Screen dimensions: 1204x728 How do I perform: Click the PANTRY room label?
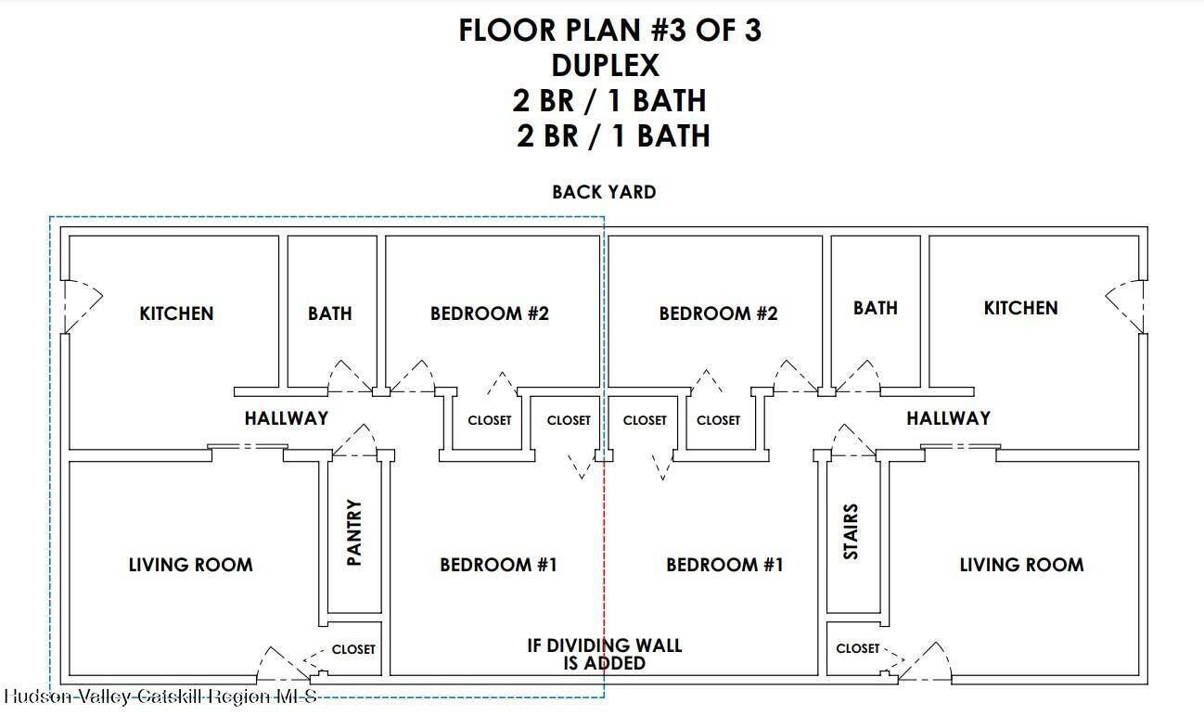pos(354,532)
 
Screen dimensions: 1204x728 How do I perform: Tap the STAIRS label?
pos(851,532)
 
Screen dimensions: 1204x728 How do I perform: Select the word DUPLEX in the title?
pos(605,66)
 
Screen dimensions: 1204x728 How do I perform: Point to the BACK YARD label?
pos(604,192)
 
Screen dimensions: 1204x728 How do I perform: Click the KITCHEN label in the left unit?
pos(176,313)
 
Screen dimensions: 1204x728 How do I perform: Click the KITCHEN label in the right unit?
pos(1020,308)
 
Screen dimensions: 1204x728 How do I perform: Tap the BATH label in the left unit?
pos(330,313)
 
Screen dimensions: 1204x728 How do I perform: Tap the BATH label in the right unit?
pos(876,308)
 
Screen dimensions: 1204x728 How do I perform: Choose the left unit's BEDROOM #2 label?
pos(490,313)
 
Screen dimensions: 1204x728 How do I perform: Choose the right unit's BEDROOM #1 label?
pos(724,565)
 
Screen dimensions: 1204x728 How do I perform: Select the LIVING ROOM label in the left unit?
pos(191,565)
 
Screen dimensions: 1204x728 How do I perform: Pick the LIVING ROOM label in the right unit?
pos(1022,565)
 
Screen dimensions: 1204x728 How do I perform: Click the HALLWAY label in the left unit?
pos(287,418)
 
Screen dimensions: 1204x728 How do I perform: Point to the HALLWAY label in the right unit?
pos(949,418)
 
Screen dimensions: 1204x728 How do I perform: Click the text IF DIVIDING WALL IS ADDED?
pos(605,654)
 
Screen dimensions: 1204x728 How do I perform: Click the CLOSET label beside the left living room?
pos(353,649)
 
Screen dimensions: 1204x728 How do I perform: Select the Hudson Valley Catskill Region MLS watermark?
pos(160,696)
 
